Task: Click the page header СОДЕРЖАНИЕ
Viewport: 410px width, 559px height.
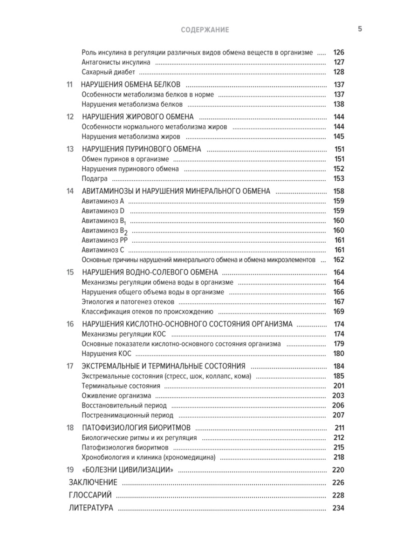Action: [205, 30]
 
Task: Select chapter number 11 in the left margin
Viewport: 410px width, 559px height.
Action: [70, 85]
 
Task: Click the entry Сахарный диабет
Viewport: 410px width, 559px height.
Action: [109, 72]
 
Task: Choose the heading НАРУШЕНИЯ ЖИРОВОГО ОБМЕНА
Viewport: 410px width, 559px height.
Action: [137, 117]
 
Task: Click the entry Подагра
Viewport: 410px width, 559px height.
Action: [95, 178]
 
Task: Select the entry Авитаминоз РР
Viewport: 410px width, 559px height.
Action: [104, 240]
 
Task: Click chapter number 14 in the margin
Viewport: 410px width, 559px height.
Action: [70, 191]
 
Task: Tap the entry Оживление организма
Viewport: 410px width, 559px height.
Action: [116, 396]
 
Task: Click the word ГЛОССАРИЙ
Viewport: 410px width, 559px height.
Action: [90, 495]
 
